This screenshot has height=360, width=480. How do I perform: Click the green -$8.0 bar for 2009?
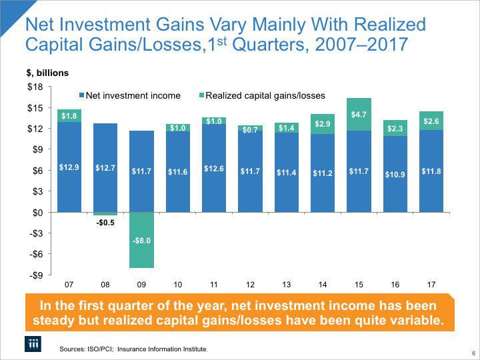(x=141, y=240)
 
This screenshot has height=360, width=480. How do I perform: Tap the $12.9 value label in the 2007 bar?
(x=69, y=167)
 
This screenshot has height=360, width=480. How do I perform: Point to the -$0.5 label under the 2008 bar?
(x=105, y=223)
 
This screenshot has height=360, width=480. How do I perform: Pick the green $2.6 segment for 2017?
(x=431, y=121)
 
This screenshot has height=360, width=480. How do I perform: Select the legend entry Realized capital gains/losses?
(x=252, y=95)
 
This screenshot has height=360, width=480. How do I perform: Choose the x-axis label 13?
(x=286, y=285)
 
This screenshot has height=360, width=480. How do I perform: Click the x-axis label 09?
(x=141, y=285)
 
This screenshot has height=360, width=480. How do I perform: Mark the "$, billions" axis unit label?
(x=47, y=72)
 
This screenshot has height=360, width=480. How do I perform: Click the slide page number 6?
(x=472, y=353)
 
